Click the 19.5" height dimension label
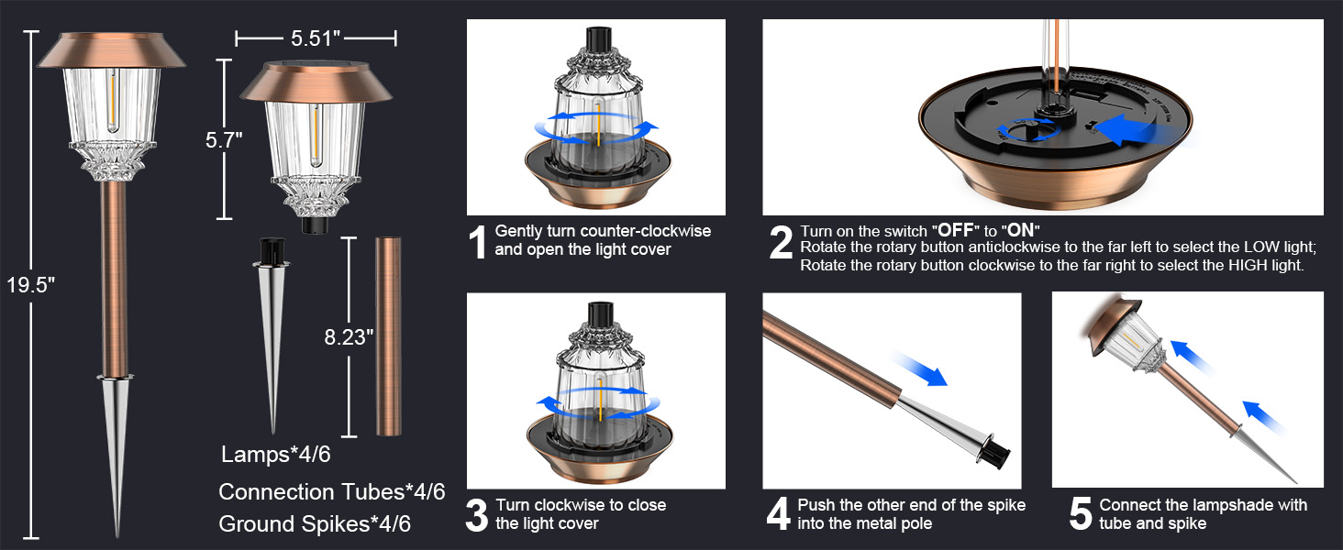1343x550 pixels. point(30,284)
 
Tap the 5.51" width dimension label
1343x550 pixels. point(316,38)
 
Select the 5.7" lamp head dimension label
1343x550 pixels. point(224,140)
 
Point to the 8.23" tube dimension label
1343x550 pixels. point(349,337)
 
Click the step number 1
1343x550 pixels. point(477,242)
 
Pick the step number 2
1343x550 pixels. point(781,243)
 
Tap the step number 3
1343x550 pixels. point(477,515)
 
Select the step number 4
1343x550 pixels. point(778,514)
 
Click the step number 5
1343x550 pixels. point(1081,514)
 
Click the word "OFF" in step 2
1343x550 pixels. point(955,231)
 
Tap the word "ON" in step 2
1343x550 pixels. point(1020,231)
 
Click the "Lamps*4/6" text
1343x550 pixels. point(276,454)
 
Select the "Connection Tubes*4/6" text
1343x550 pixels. point(331,492)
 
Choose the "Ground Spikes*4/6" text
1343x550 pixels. point(315,523)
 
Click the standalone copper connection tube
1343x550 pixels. point(389,336)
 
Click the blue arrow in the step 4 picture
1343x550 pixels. point(920,369)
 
